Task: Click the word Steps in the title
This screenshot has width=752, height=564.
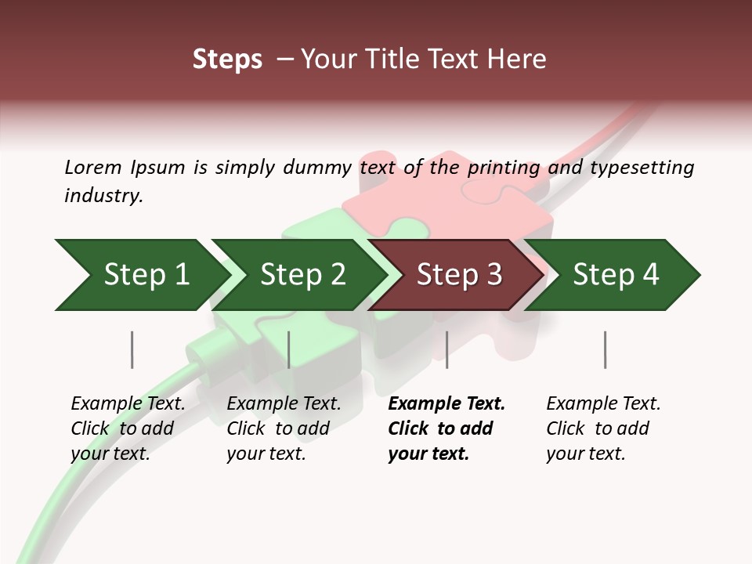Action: (x=227, y=60)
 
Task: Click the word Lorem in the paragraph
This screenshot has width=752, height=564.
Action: (x=92, y=167)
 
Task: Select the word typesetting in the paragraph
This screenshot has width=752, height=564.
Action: (x=642, y=167)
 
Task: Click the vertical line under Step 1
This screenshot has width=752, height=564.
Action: (x=132, y=349)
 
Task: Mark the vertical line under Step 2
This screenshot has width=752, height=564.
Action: (x=289, y=349)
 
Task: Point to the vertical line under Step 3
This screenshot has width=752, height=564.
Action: (x=446, y=349)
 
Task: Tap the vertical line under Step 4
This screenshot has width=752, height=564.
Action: (x=605, y=349)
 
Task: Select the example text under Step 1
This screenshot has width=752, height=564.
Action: (x=128, y=428)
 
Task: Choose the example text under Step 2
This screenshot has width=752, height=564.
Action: (x=284, y=428)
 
